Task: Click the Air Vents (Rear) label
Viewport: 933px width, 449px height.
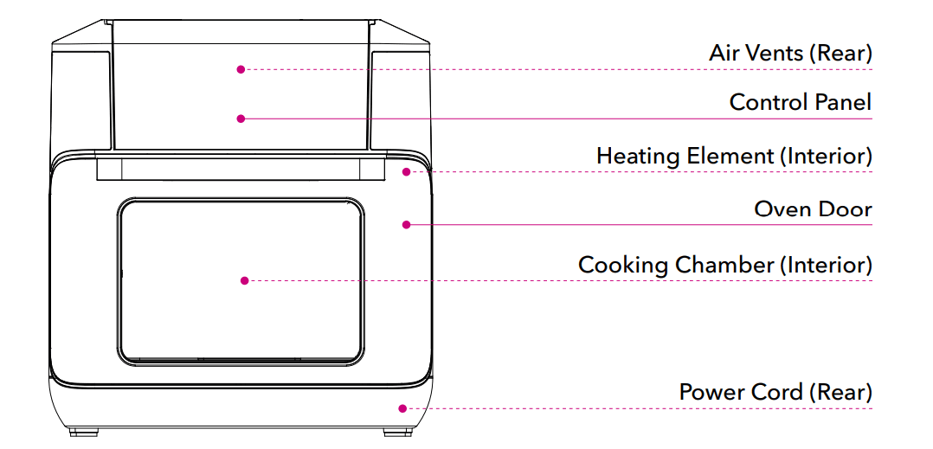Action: coord(790,53)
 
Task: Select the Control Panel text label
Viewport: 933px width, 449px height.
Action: coord(801,102)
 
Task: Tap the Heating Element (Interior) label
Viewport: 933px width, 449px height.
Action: coord(734,157)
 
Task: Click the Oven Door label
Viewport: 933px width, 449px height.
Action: coord(813,208)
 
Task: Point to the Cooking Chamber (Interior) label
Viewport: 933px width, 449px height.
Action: coord(724,265)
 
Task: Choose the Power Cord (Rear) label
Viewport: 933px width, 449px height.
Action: coord(775,392)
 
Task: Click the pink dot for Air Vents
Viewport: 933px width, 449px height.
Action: coord(241,69)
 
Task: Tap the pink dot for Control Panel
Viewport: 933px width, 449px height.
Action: coord(241,119)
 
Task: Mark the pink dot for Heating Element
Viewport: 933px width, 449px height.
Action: coord(405,171)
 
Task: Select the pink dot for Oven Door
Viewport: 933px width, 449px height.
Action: coord(405,225)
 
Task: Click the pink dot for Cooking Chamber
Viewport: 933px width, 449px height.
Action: coord(245,280)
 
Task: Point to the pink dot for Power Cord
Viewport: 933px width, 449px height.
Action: coord(402,408)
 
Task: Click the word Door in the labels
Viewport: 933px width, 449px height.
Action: coord(848,208)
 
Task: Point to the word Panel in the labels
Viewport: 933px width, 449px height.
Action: coord(846,102)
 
